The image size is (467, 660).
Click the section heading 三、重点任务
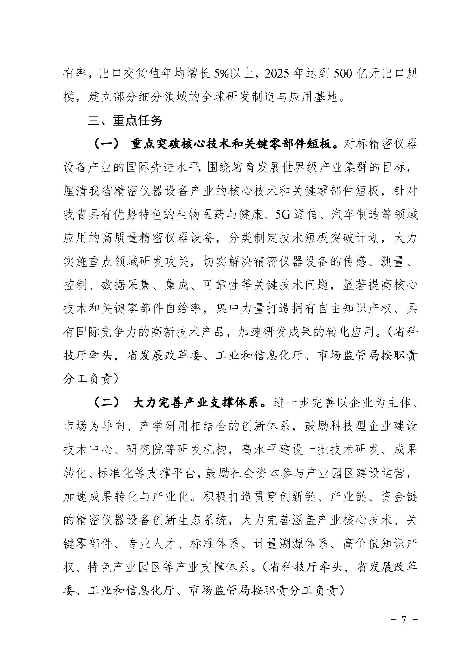(x=125, y=121)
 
